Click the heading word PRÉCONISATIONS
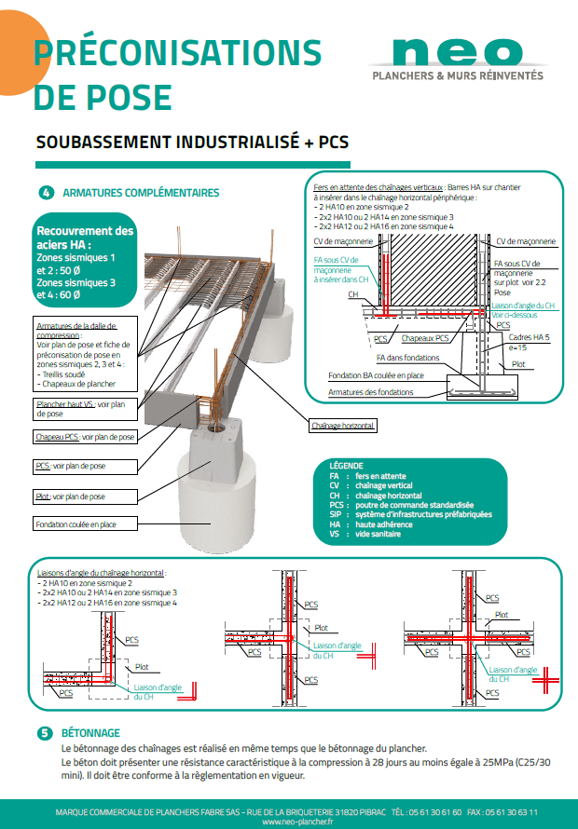(177, 53)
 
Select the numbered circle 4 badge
(46, 193)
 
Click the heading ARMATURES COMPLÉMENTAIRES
(141, 193)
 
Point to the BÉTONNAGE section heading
(90, 733)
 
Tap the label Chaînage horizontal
(343, 425)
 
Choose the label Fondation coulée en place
(76, 524)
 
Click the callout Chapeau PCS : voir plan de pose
(85, 436)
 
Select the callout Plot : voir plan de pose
(70, 496)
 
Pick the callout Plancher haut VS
(85, 409)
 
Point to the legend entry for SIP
(410, 514)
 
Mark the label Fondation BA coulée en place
(377, 375)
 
